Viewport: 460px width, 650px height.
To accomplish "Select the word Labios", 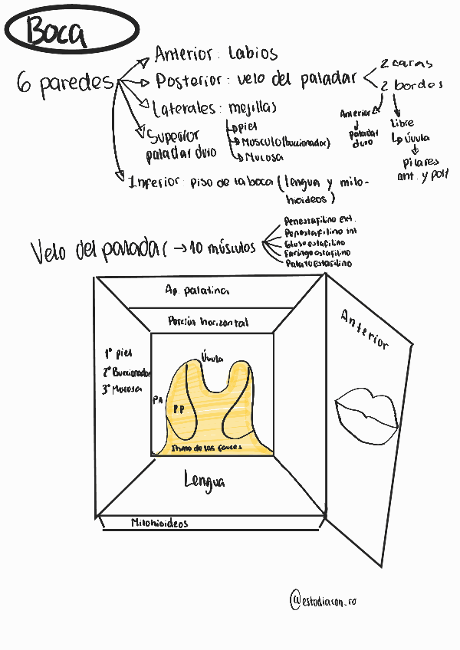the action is pyautogui.click(x=253, y=54).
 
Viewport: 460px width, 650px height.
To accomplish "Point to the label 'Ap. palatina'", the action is pyautogui.click(x=196, y=291).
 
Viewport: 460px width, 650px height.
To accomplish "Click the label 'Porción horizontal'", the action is pyautogui.click(x=208, y=323).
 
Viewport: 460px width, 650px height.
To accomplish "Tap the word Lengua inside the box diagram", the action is pyautogui.click(x=205, y=481).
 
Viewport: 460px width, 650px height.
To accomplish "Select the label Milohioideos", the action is pyautogui.click(x=159, y=524).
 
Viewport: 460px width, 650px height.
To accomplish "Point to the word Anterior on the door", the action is pyautogui.click(x=365, y=329).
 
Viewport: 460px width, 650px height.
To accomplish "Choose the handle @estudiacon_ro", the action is pyautogui.click(x=324, y=600).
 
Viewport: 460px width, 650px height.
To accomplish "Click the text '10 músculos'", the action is pyautogui.click(x=223, y=247).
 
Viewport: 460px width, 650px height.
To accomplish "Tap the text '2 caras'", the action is pyautogui.click(x=406, y=64).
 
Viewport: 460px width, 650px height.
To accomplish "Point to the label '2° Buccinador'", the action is pyautogui.click(x=127, y=373).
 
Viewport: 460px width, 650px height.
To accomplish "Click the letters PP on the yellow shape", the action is pyautogui.click(x=178, y=409).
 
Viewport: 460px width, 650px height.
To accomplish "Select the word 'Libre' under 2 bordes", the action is pyautogui.click(x=402, y=123).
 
